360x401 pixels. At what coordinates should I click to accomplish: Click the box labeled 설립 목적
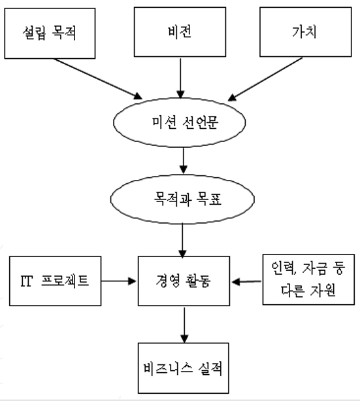[x=50, y=33]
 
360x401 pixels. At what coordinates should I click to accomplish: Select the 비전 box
[x=180, y=32]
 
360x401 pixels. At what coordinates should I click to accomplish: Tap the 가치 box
[x=306, y=32]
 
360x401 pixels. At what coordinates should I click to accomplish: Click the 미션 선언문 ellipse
[x=180, y=122]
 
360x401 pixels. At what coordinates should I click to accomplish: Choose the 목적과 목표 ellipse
[x=182, y=200]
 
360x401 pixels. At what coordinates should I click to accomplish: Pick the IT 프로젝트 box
[x=55, y=281]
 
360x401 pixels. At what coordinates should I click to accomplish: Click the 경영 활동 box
[x=184, y=281]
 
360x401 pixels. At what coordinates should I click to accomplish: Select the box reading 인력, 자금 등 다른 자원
[x=308, y=279]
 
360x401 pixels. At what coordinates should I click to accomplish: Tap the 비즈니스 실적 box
[x=184, y=368]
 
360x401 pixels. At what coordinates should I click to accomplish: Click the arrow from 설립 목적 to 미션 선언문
[x=97, y=78]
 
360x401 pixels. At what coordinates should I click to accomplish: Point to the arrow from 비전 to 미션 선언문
[x=180, y=78]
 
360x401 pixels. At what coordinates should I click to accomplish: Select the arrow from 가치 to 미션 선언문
[x=265, y=79]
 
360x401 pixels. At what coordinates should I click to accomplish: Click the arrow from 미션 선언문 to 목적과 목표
[x=183, y=161]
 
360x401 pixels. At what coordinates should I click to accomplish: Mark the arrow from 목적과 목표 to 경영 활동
[x=182, y=240]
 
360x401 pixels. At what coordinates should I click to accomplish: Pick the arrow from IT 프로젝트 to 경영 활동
[x=118, y=281]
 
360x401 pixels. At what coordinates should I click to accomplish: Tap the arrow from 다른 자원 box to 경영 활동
[x=246, y=281]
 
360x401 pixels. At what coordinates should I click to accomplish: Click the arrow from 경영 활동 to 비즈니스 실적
[x=184, y=324]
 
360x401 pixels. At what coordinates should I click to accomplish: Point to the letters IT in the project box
[x=27, y=281]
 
